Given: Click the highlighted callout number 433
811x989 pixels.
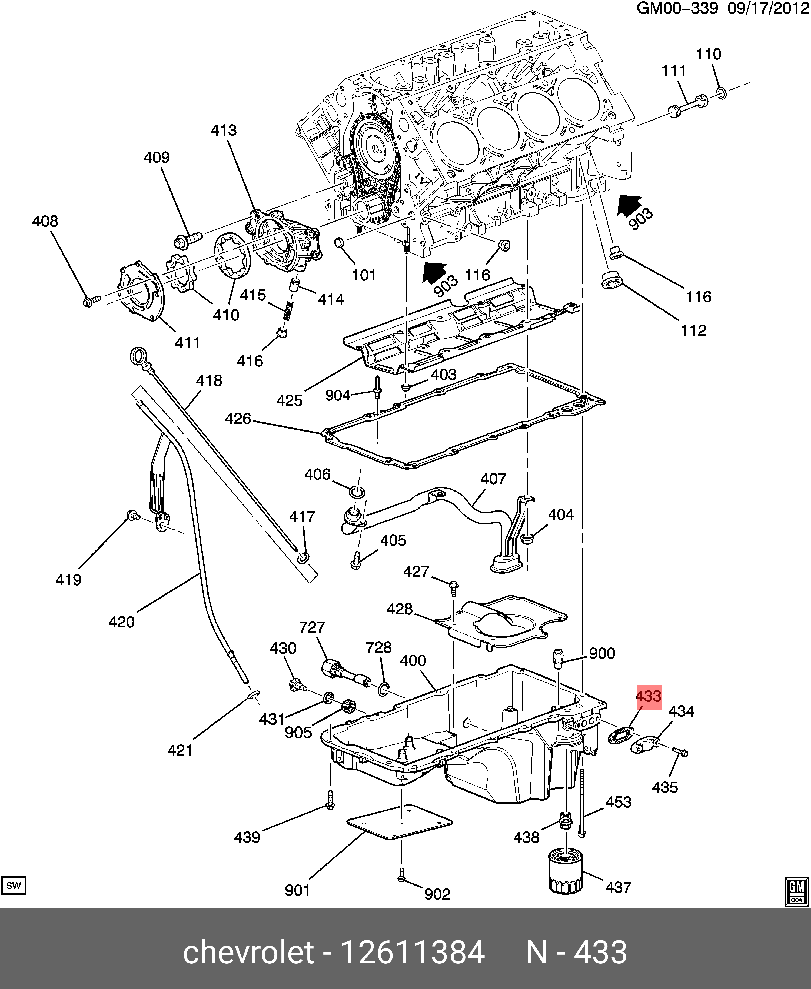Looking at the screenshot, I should (x=649, y=697).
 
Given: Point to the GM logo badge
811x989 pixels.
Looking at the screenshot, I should (x=796, y=892).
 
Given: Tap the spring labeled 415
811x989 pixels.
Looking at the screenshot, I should (x=288, y=310).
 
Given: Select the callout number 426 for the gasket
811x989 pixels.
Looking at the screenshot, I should (x=238, y=418).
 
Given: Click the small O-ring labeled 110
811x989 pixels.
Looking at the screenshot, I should (x=721, y=92).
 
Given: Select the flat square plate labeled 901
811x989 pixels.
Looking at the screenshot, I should (x=400, y=822).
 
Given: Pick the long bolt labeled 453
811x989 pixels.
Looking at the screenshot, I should (x=581, y=803).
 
